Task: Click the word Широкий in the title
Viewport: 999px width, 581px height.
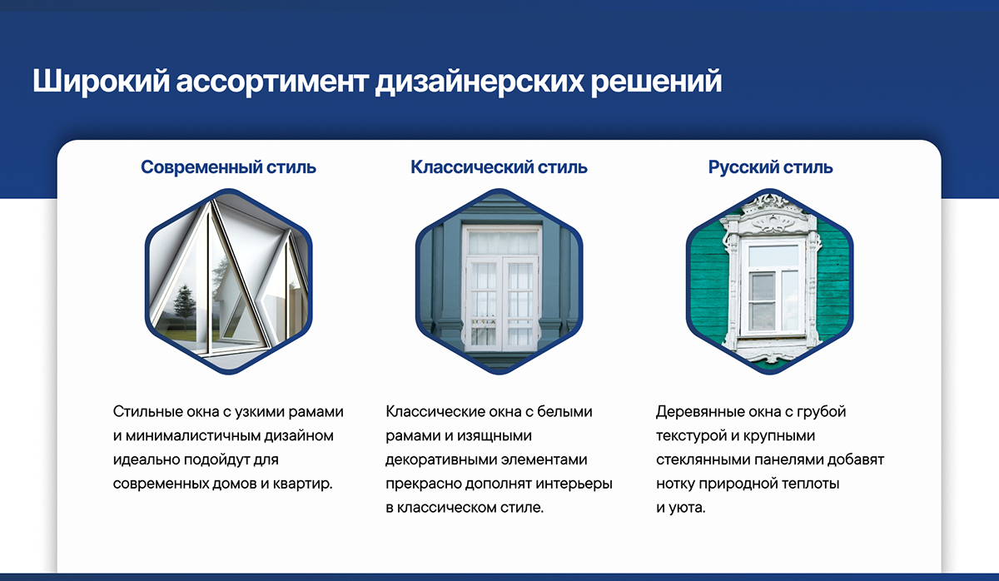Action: pyautogui.click(x=102, y=81)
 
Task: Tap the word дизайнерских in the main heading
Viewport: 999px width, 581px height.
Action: pyautogui.click(x=480, y=81)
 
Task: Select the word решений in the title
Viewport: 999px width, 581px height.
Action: pyautogui.click(x=657, y=81)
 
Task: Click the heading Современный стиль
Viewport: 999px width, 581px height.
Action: pyautogui.click(x=228, y=167)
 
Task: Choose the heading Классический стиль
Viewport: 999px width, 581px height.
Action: pyautogui.click(x=499, y=167)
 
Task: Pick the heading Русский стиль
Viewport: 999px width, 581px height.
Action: pyautogui.click(x=770, y=167)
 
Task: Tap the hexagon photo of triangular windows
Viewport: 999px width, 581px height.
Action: pyautogui.click(x=228, y=281)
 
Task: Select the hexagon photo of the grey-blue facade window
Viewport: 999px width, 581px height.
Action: pyautogui.click(x=499, y=281)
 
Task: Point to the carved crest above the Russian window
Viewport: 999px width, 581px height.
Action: pyautogui.click(x=770, y=214)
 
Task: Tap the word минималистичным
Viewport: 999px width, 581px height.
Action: pyautogui.click(x=192, y=435)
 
